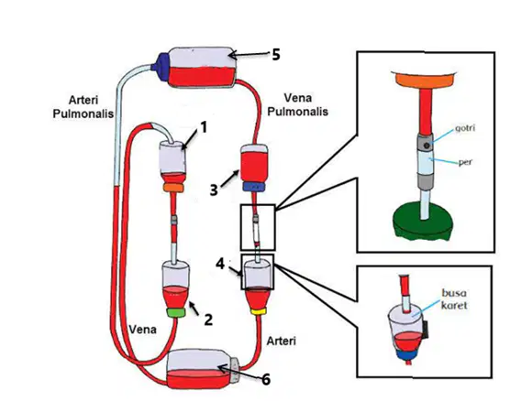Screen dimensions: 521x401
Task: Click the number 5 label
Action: [x=276, y=54]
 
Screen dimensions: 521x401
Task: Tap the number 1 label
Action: [x=204, y=127]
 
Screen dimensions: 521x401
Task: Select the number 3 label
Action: [x=214, y=190]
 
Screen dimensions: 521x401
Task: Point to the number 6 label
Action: [x=265, y=379]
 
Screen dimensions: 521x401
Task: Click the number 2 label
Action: [x=208, y=320]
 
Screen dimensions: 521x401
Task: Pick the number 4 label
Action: [x=220, y=264]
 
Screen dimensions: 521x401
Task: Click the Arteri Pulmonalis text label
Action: [x=83, y=107]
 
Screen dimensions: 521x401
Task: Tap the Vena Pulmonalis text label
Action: [x=298, y=104]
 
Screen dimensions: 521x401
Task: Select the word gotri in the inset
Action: [x=464, y=128]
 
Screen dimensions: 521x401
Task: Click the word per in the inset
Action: [x=465, y=162]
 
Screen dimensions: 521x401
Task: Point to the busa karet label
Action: [x=454, y=298]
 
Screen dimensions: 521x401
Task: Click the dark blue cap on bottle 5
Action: [x=161, y=66]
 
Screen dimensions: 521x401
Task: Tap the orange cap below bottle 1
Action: [x=173, y=188]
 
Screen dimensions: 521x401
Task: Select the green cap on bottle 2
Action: [x=176, y=312]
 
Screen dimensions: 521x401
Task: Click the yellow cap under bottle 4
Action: [x=258, y=311]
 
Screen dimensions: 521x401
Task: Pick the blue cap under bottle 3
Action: [x=253, y=187]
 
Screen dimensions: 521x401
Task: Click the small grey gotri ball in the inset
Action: [x=427, y=145]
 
